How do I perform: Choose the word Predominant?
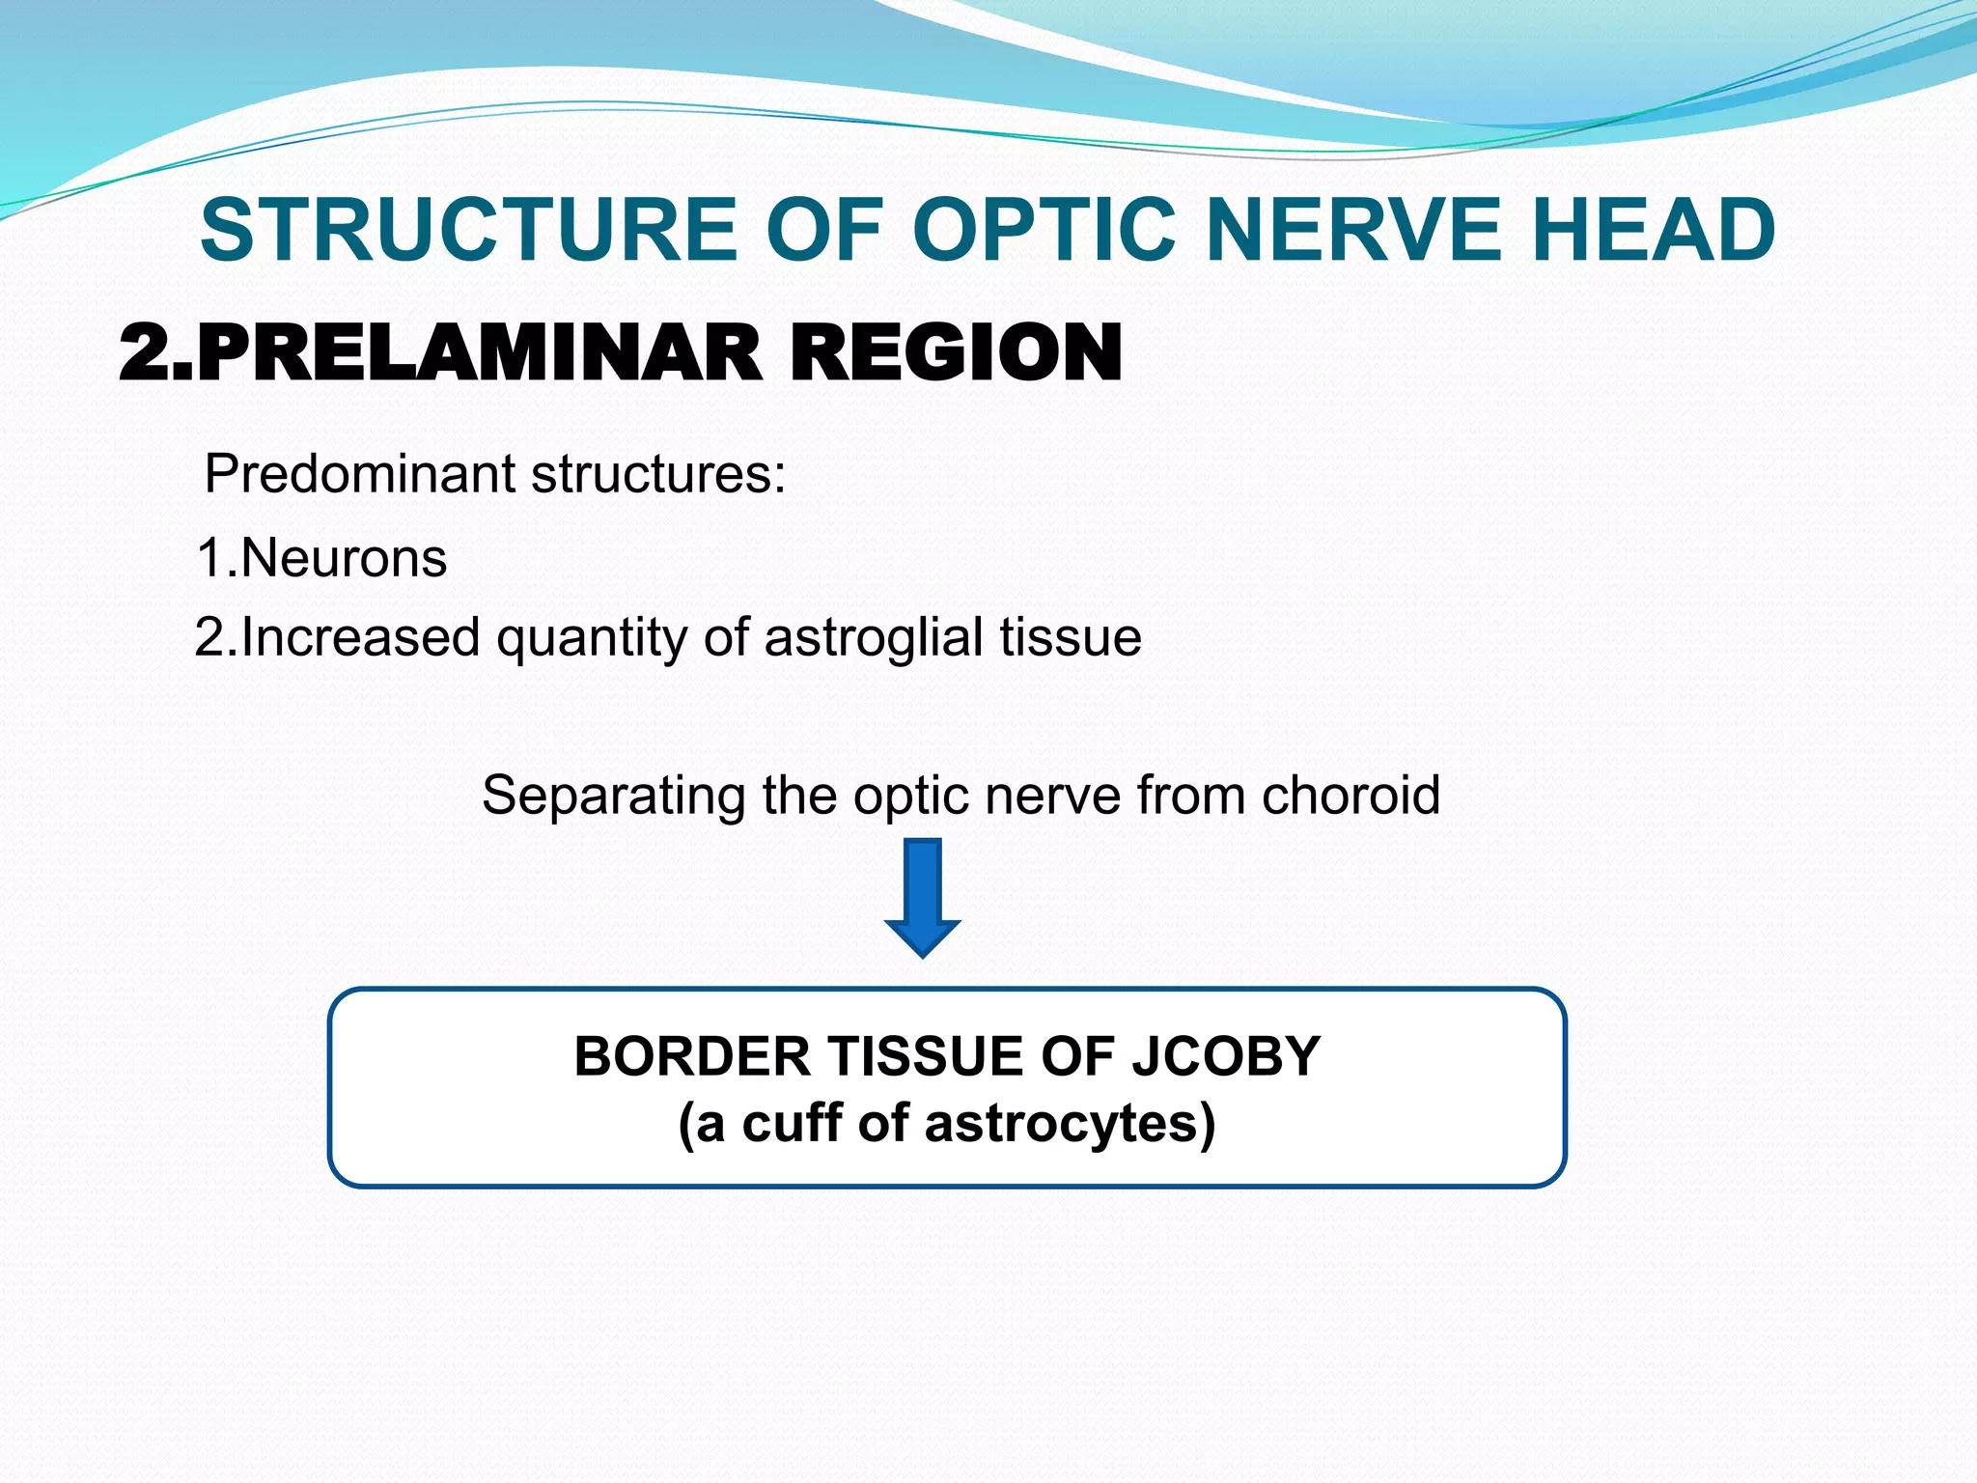coord(361,474)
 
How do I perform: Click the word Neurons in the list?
coord(344,558)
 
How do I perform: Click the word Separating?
coord(613,797)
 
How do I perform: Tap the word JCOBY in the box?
coord(1225,1056)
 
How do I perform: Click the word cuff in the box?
coord(792,1123)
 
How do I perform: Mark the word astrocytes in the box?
coord(1061,1125)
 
